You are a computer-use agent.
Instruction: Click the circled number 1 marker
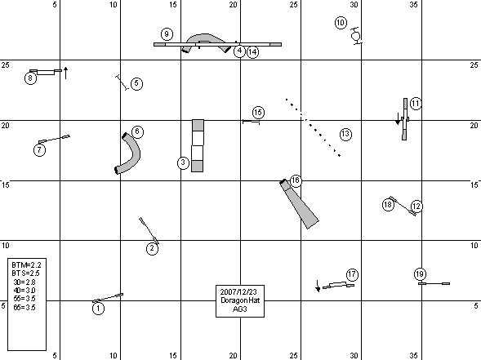[x=98, y=309]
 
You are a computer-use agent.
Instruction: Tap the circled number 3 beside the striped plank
[x=183, y=162]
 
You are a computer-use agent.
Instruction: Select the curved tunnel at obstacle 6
[x=128, y=153]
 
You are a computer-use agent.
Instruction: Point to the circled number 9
[x=167, y=34]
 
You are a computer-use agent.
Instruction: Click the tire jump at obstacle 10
[x=356, y=36]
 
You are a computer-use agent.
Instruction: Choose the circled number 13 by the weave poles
[x=345, y=135]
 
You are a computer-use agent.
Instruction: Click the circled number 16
[x=296, y=180]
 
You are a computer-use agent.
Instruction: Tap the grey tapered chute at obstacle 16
[x=300, y=204]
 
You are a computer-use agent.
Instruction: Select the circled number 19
[x=420, y=273]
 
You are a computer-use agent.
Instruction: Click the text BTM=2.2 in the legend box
[x=26, y=264]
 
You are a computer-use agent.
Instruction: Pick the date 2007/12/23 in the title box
[x=238, y=291]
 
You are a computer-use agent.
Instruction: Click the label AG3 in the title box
[x=240, y=309]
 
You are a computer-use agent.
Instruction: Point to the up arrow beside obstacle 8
[x=65, y=73]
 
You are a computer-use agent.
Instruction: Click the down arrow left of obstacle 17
[x=318, y=286]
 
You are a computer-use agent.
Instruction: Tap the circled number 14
[x=252, y=52]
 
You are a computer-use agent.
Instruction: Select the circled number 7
[x=39, y=150]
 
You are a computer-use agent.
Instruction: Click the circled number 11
[x=416, y=104]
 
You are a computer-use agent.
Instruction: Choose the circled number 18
[x=388, y=205]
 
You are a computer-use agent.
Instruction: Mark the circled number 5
[x=136, y=83]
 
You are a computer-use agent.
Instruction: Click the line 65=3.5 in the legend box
[x=24, y=307]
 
